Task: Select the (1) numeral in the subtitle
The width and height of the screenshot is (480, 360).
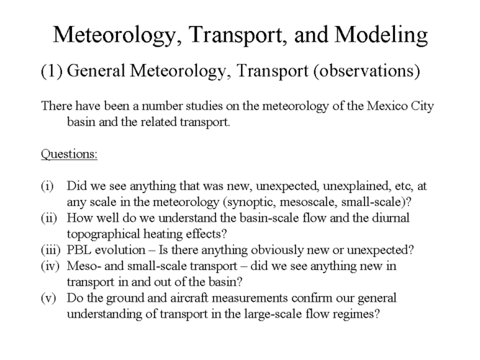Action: (x=53, y=71)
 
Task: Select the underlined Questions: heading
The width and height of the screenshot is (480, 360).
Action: (x=70, y=153)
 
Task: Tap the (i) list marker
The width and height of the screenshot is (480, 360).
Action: (x=47, y=186)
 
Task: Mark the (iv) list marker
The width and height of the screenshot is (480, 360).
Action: (x=50, y=265)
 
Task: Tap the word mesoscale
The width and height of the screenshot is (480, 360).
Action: (x=302, y=202)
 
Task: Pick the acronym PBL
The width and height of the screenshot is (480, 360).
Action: (x=81, y=249)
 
